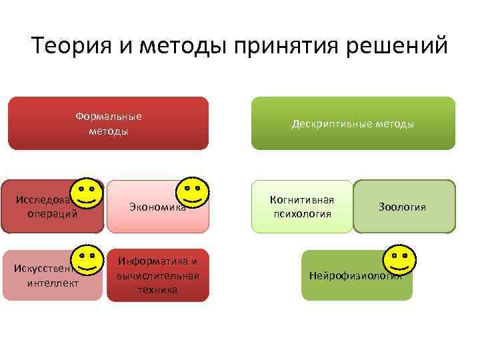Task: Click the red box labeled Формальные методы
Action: tap(108, 123)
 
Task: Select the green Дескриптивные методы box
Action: tap(353, 123)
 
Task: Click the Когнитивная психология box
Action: tap(302, 207)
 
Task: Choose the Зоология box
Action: tap(404, 207)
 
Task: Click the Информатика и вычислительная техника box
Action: tap(157, 275)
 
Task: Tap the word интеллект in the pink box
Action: tap(53, 283)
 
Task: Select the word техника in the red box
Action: tap(158, 290)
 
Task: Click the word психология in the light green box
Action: tap(302, 214)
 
